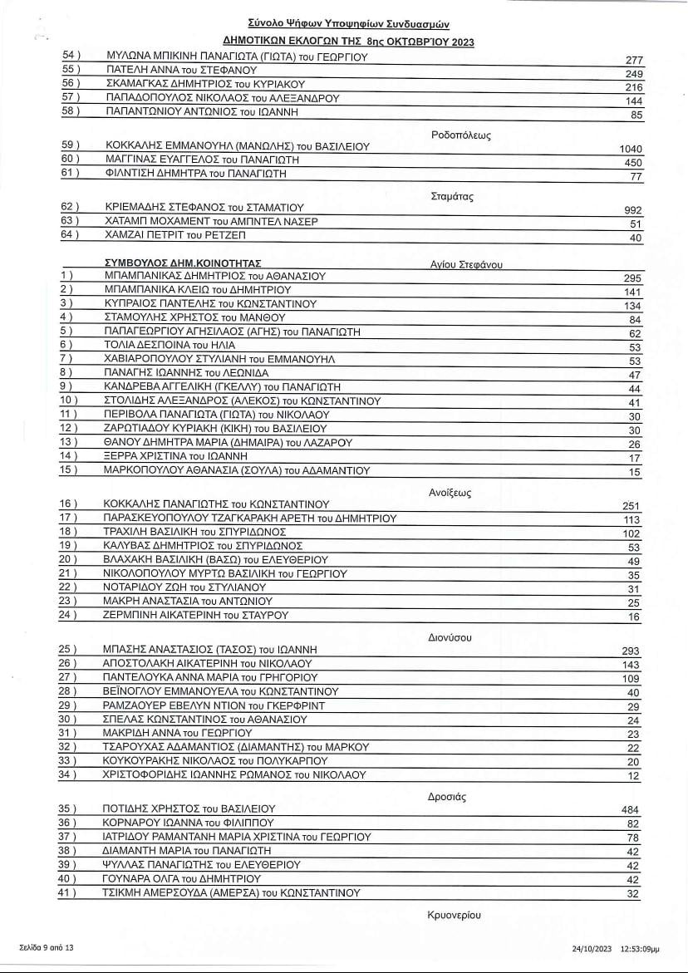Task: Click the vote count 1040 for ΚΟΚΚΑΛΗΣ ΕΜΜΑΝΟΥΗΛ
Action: [x=631, y=149]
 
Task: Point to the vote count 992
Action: [x=633, y=210]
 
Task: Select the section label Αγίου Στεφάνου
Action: [x=467, y=265]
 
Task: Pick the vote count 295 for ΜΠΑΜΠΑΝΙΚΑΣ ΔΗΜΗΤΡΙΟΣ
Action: [x=633, y=278]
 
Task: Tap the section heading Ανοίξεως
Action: [x=450, y=493]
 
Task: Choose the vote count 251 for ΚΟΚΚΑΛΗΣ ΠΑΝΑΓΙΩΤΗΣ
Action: [x=633, y=506]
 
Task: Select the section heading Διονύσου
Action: [x=450, y=637]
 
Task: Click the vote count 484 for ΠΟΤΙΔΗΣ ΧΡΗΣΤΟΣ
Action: [x=632, y=810]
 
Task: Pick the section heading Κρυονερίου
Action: [x=455, y=915]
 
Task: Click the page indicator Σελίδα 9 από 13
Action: [x=47, y=946]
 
